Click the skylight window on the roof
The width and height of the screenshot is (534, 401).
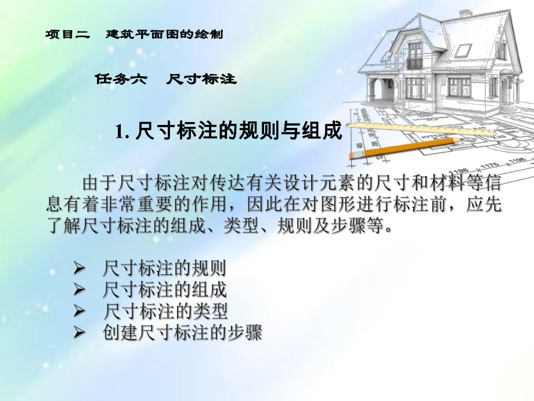pos(463,49)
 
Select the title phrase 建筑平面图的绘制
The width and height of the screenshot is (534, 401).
pos(164,34)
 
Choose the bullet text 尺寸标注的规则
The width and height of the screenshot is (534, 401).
pos(164,268)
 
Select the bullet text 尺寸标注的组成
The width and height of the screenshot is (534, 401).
pos(164,289)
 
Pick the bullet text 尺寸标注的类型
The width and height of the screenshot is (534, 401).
pos(164,311)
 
